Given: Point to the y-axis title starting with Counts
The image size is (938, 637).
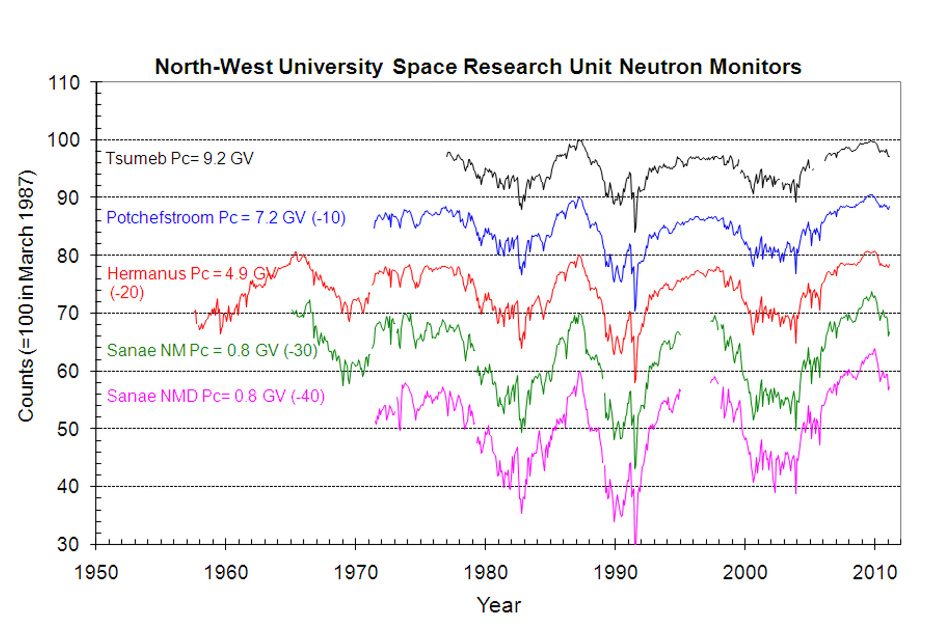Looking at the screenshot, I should point(26,296).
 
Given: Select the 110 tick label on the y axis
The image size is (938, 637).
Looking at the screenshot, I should point(64,83).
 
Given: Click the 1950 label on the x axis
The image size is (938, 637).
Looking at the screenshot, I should point(96,573).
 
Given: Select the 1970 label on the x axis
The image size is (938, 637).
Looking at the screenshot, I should point(356,573).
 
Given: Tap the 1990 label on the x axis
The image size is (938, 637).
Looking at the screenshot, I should point(615,573).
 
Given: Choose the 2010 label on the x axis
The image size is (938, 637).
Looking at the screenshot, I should point(874,573).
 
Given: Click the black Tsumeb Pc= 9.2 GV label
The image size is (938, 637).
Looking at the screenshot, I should point(179,158).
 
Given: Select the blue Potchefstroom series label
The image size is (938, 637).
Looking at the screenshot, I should point(226,218).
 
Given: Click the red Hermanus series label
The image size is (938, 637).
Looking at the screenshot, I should point(192,274).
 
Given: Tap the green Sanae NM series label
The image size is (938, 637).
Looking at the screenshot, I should point(212,350).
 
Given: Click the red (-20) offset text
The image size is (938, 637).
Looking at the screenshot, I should point(127,292).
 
